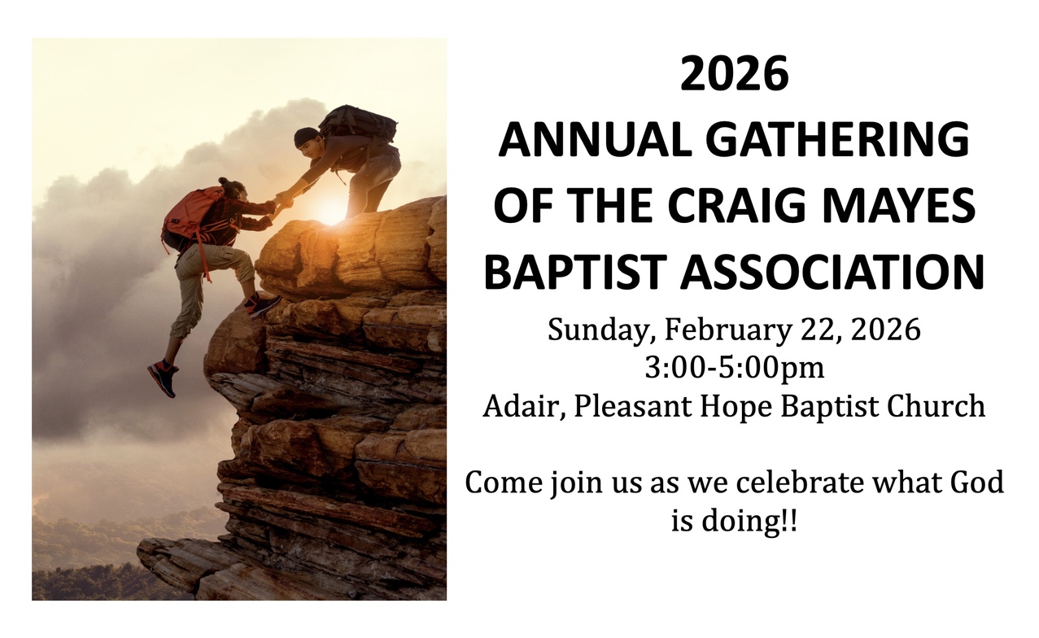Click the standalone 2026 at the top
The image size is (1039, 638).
tap(734, 73)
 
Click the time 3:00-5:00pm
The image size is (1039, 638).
tap(734, 369)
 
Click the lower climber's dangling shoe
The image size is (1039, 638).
tap(164, 378)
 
